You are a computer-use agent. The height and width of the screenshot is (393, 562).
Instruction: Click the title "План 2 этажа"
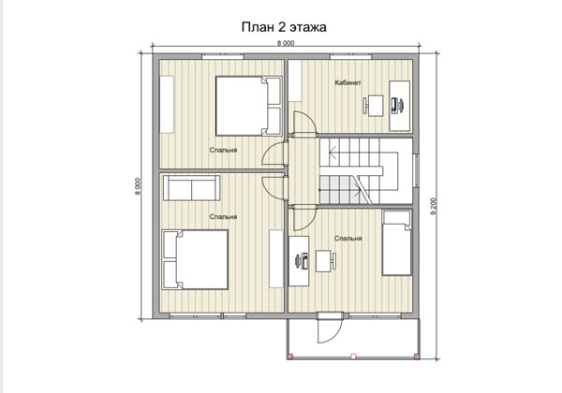284,27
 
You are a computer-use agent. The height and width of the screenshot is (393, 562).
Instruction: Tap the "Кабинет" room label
348,82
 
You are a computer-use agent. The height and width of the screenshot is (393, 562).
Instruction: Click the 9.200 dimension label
434,206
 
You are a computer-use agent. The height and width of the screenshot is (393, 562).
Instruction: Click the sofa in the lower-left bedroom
192,188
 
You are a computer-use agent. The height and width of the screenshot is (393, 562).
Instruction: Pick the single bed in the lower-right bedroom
396,242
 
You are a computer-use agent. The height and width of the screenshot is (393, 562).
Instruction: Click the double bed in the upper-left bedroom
248,106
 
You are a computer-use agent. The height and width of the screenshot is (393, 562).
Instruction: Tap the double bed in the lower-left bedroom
195,259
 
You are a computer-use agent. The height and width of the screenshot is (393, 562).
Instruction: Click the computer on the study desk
397,105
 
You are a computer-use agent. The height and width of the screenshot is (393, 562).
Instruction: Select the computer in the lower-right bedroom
302,260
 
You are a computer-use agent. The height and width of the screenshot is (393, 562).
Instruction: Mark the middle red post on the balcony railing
353,357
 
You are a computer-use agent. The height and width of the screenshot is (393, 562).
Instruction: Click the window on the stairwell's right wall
416,170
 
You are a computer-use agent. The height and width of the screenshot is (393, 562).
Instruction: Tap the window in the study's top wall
350,56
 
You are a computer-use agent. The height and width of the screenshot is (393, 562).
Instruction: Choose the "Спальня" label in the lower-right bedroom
348,239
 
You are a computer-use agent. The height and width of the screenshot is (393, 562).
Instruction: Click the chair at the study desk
373,105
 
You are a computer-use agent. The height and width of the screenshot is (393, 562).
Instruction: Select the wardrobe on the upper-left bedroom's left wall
167,105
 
